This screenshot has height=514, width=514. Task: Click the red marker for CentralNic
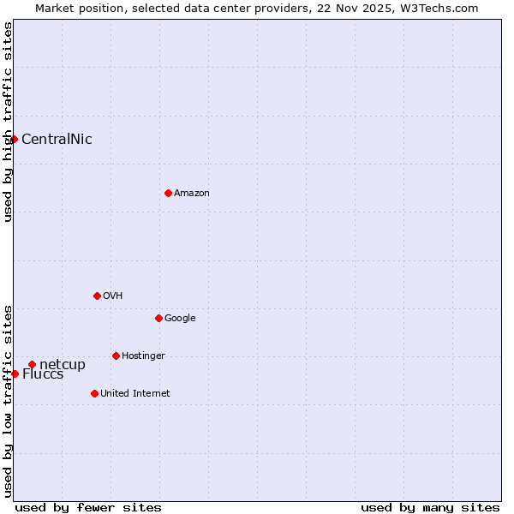pos(15,139)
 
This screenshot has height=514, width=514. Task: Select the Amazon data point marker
pos(168,193)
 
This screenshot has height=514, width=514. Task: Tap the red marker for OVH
pos(97,296)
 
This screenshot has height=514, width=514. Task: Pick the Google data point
pos(158,318)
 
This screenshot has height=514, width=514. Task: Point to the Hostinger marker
pos(116,356)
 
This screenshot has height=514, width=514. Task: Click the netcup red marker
pos(32,364)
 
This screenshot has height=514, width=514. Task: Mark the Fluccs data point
pos(15,374)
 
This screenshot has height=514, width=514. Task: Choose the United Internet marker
pos(94,393)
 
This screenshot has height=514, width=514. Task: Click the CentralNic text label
pos(57,140)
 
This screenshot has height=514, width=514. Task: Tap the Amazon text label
pos(192,194)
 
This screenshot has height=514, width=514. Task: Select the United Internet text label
pos(135,394)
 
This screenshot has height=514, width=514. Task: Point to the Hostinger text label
pos(143,356)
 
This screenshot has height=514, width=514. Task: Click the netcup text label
pos(63,365)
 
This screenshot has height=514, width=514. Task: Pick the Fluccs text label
pos(43,374)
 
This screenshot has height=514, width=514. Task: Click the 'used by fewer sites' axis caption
pos(88,507)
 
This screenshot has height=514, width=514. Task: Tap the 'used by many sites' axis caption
pos(430,507)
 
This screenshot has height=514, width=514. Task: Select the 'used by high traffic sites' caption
pos(8,122)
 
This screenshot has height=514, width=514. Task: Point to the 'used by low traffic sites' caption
pos(8,400)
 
